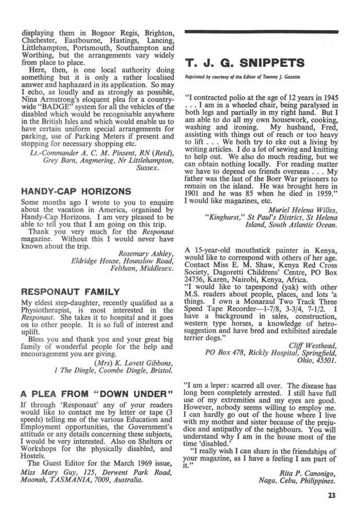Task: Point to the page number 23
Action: click(x=332, y=496)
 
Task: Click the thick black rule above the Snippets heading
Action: click(x=261, y=32)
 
